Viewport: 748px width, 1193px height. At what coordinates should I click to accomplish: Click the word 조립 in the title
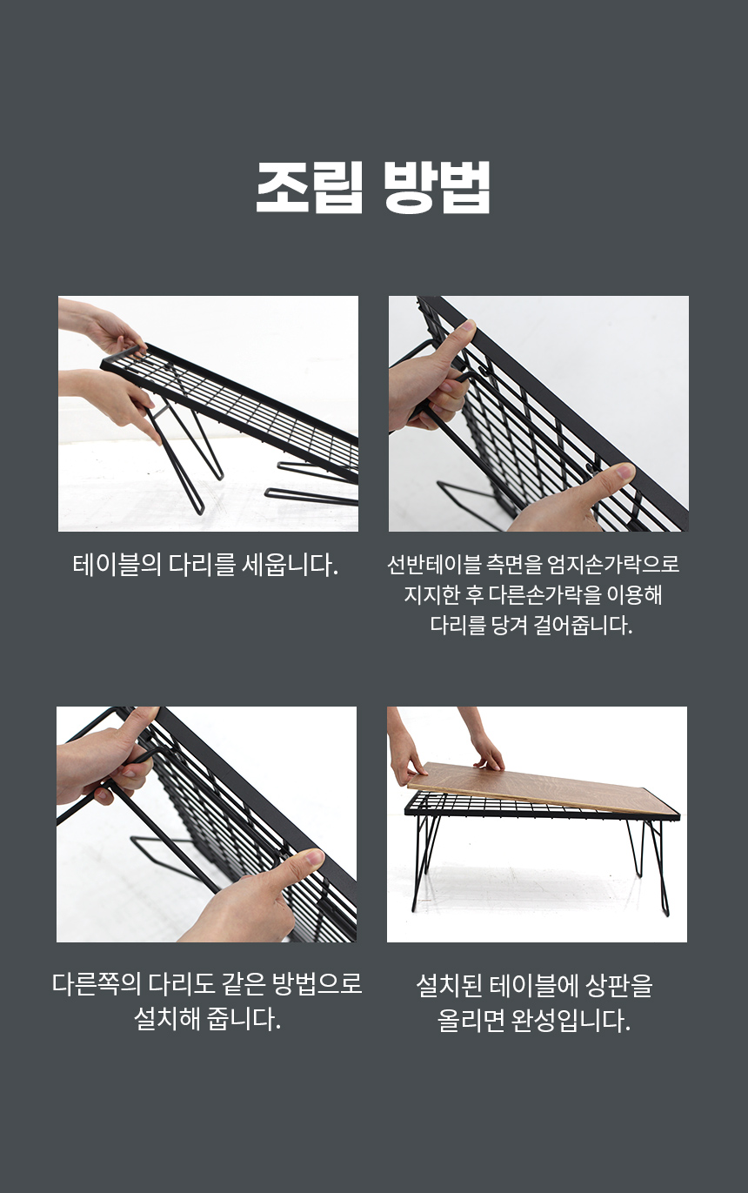click(310, 187)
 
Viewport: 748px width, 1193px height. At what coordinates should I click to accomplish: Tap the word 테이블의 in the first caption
click(117, 565)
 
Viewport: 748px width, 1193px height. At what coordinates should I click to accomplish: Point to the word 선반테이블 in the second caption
click(434, 565)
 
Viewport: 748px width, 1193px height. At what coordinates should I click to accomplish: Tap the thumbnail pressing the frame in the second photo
click(624, 470)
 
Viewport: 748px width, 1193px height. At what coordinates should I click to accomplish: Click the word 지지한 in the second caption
click(431, 595)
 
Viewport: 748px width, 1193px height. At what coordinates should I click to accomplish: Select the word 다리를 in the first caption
click(203, 565)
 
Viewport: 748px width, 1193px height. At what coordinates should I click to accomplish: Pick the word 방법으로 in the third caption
click(317, 983)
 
